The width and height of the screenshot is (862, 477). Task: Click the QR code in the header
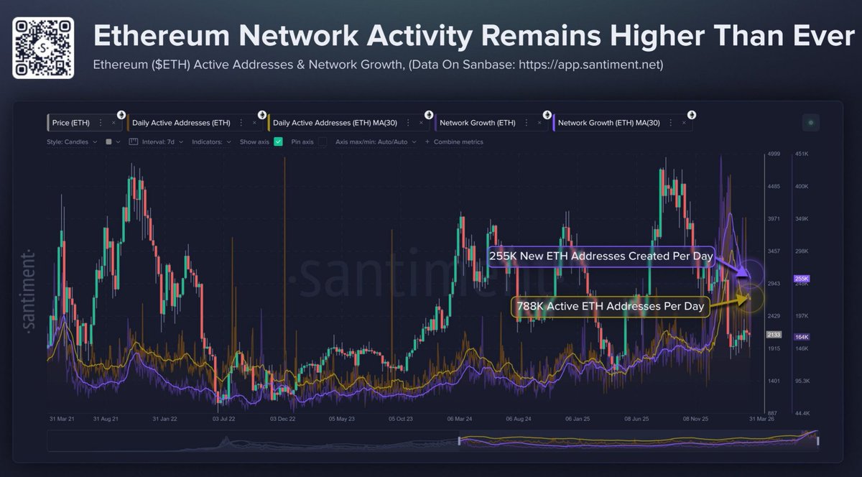(x=43, y=47)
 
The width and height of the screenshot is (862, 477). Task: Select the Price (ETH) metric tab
(x=70, y=123)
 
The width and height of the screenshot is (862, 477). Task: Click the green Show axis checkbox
(x=278, y=142)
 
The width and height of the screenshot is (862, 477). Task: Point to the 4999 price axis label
(x=774, y=154)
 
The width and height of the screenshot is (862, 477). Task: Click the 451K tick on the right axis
(x=802, y=154)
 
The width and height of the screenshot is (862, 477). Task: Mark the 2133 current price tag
(x=774, y=335)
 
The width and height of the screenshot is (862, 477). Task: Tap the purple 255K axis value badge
(x=802, y=278)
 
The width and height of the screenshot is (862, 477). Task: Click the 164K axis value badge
(x=802, y=337)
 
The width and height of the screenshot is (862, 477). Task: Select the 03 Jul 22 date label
(x=226, y=417)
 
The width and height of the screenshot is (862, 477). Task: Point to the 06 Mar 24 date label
(x=459, y=417)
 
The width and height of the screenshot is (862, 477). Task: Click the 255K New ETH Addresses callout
(x=601, y=256)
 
